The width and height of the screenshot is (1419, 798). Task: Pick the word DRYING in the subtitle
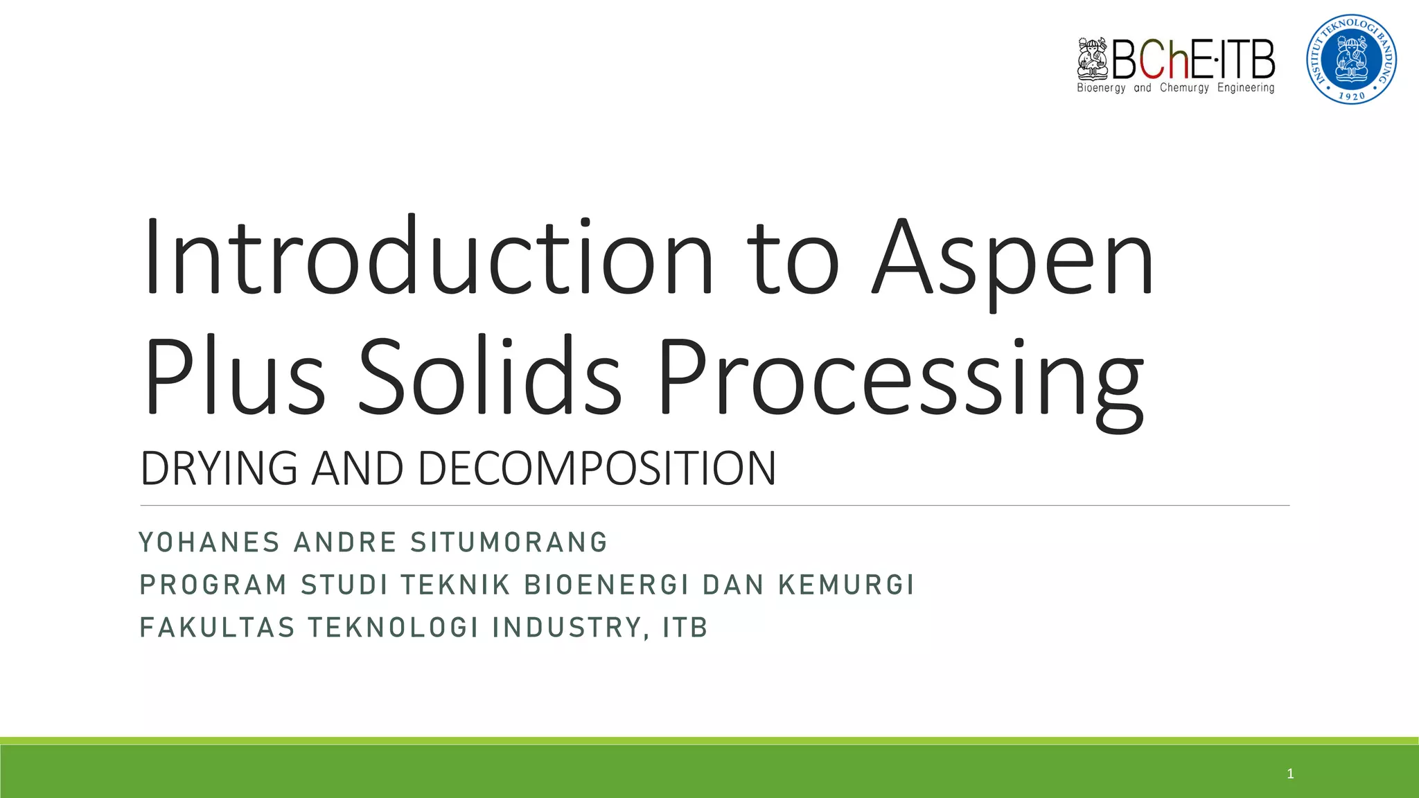click(219, 468)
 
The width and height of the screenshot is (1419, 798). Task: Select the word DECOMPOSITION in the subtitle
click(597, 468)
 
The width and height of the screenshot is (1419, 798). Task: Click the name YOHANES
click(210, 542)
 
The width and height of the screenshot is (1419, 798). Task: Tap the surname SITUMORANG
click(509, 542)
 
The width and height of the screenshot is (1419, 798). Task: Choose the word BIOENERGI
click(607, 585)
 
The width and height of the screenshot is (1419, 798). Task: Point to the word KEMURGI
click(846, 585)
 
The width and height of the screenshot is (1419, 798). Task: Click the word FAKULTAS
click(218, 628)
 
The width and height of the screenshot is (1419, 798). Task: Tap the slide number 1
click(1290, 774)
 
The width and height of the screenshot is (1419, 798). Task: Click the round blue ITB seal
click(1351, 59)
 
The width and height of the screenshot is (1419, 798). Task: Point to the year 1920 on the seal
click(1352, 96)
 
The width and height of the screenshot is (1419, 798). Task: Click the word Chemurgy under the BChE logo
click(1184, 88)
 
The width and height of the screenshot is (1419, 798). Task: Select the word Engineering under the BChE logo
click(1246, 88)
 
